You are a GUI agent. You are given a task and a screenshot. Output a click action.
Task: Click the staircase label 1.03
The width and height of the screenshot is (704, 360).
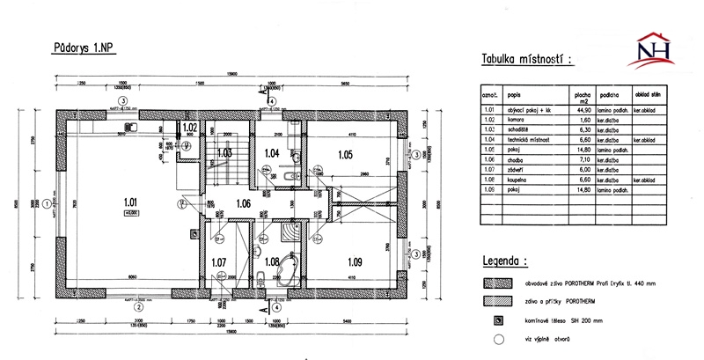tap(224, 153)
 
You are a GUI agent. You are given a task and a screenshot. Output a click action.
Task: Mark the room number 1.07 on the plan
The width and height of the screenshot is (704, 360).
tap(219, 261)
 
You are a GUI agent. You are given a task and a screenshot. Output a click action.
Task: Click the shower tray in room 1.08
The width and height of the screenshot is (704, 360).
tap(288, 231)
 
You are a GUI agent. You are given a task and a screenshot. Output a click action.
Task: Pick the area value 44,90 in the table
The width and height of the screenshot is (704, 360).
tap(581, 111)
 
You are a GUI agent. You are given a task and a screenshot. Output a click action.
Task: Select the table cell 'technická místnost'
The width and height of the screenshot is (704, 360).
tap(530, 139)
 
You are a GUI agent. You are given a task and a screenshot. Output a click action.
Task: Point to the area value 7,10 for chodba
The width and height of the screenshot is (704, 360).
tap(581, 159)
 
